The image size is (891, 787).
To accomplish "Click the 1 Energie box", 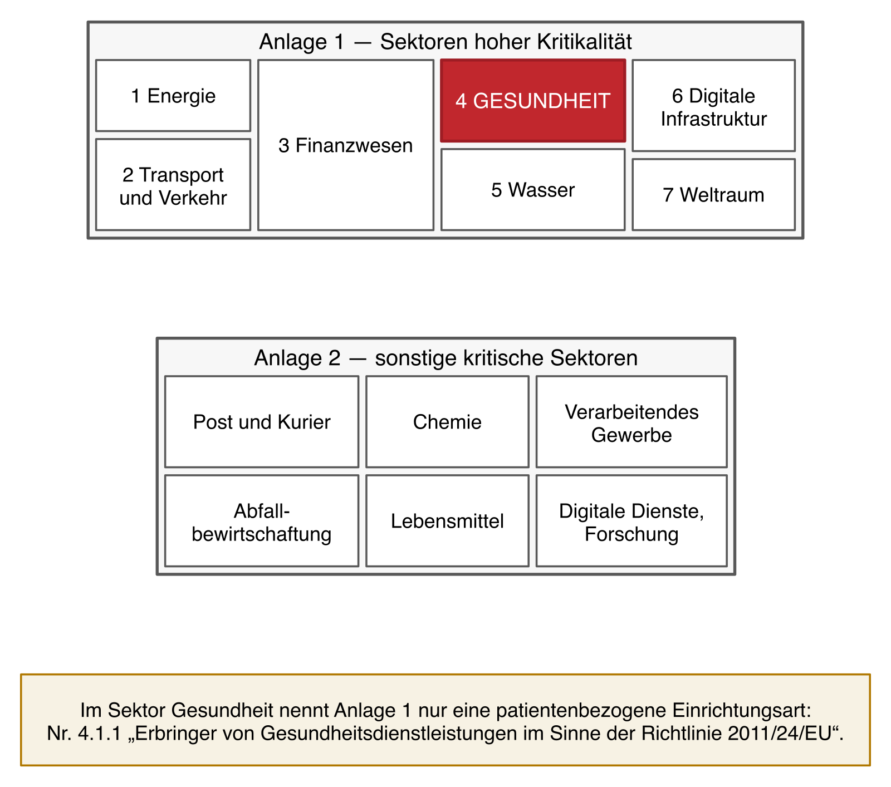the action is point(173,96).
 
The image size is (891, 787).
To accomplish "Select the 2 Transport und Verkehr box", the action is point(173,185).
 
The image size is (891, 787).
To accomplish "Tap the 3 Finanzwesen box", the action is point(346,145).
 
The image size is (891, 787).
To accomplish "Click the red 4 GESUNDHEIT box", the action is point(533,101).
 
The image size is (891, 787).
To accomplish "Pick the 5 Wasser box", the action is point(533,190).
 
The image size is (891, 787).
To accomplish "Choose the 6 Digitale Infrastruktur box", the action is point(714,106).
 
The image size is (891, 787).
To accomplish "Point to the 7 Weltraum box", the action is point(714,195).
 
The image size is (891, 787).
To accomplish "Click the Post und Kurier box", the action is point(262,422).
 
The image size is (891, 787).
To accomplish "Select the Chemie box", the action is point(447,422).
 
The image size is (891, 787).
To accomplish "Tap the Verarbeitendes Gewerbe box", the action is point(631,422).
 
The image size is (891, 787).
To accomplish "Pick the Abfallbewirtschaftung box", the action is point(262,521).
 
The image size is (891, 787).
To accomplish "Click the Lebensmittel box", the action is point(447,521).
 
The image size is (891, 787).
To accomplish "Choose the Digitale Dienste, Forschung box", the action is point(631,521).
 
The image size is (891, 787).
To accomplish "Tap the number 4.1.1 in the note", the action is point(100,734).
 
